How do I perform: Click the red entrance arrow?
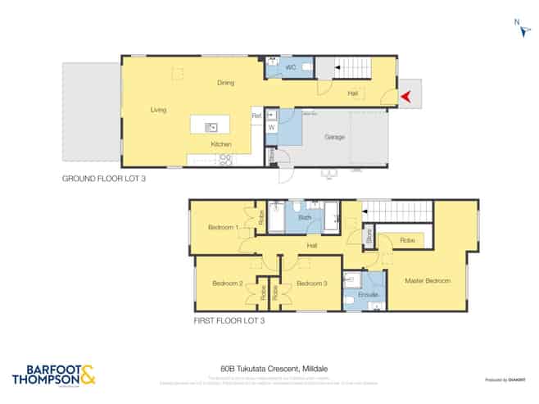(405, 97)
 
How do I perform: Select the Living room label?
(159, 109)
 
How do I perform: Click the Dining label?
(226, 83)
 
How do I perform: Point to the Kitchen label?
(221, 144)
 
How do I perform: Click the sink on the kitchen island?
(211, 126)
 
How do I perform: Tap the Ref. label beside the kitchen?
(256, 116)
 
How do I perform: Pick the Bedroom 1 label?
(223, 227)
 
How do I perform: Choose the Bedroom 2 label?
(228, 284)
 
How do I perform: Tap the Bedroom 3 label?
(311, 284)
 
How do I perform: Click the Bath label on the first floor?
(305, 217)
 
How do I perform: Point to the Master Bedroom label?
(428, 281)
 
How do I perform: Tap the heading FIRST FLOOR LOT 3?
(230, 321)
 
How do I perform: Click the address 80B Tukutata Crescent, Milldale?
(269, 369)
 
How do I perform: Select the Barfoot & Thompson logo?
(54, 375)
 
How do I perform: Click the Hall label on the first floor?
(312, 245)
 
